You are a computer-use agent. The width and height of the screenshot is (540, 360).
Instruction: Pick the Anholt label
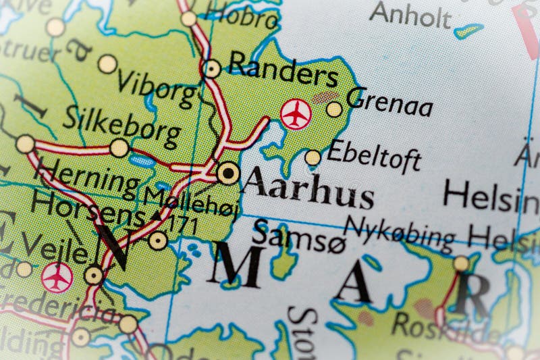(x=410, y=14)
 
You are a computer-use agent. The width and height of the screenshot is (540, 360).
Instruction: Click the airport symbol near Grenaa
(x=294, y=113)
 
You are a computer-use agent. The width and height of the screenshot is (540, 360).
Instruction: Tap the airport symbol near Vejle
(x=57, y=277)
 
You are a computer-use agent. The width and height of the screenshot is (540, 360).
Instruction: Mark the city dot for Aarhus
(x=228, y=174)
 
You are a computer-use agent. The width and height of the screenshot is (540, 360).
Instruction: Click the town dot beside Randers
(x=213, y=68)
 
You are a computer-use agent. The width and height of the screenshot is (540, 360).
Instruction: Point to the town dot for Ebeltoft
(x=313, y=158)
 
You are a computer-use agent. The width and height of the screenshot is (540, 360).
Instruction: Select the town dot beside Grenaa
(x=334, y=109)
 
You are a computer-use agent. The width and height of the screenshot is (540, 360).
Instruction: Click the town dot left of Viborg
(x=107, y=64)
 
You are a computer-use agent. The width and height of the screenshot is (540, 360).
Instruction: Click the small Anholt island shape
(x=468, y=30)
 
